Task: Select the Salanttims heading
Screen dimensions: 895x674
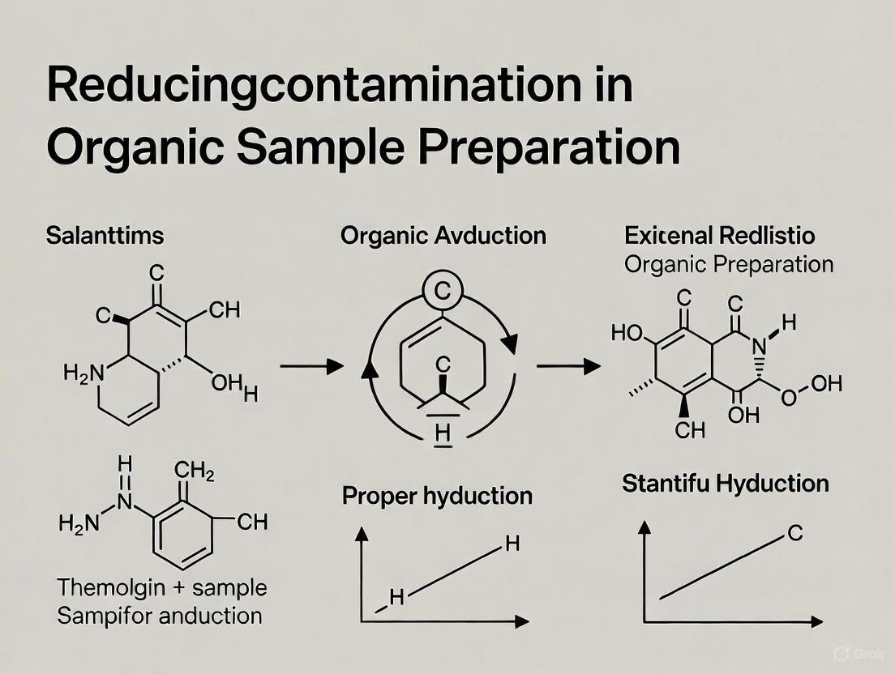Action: click(105, 237)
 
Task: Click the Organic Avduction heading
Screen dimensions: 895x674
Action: click(443, 236)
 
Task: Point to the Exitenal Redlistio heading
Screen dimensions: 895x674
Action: click(720, 237)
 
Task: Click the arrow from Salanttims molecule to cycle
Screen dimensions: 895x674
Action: click(311, 367)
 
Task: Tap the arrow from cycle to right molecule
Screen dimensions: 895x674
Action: click(568, 367)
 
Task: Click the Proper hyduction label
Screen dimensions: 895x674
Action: click(437, 495)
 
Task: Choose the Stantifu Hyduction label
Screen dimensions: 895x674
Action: click(725, 484)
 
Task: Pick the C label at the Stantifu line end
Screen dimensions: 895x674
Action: click(795, 535)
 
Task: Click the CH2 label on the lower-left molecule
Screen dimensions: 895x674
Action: click(195, 471)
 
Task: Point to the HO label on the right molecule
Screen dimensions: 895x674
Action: click(627, 332)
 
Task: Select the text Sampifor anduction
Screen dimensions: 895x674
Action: click(159, 615)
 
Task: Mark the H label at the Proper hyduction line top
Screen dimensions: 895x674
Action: click(512, 544)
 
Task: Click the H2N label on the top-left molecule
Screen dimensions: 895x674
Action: click(84, 373)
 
